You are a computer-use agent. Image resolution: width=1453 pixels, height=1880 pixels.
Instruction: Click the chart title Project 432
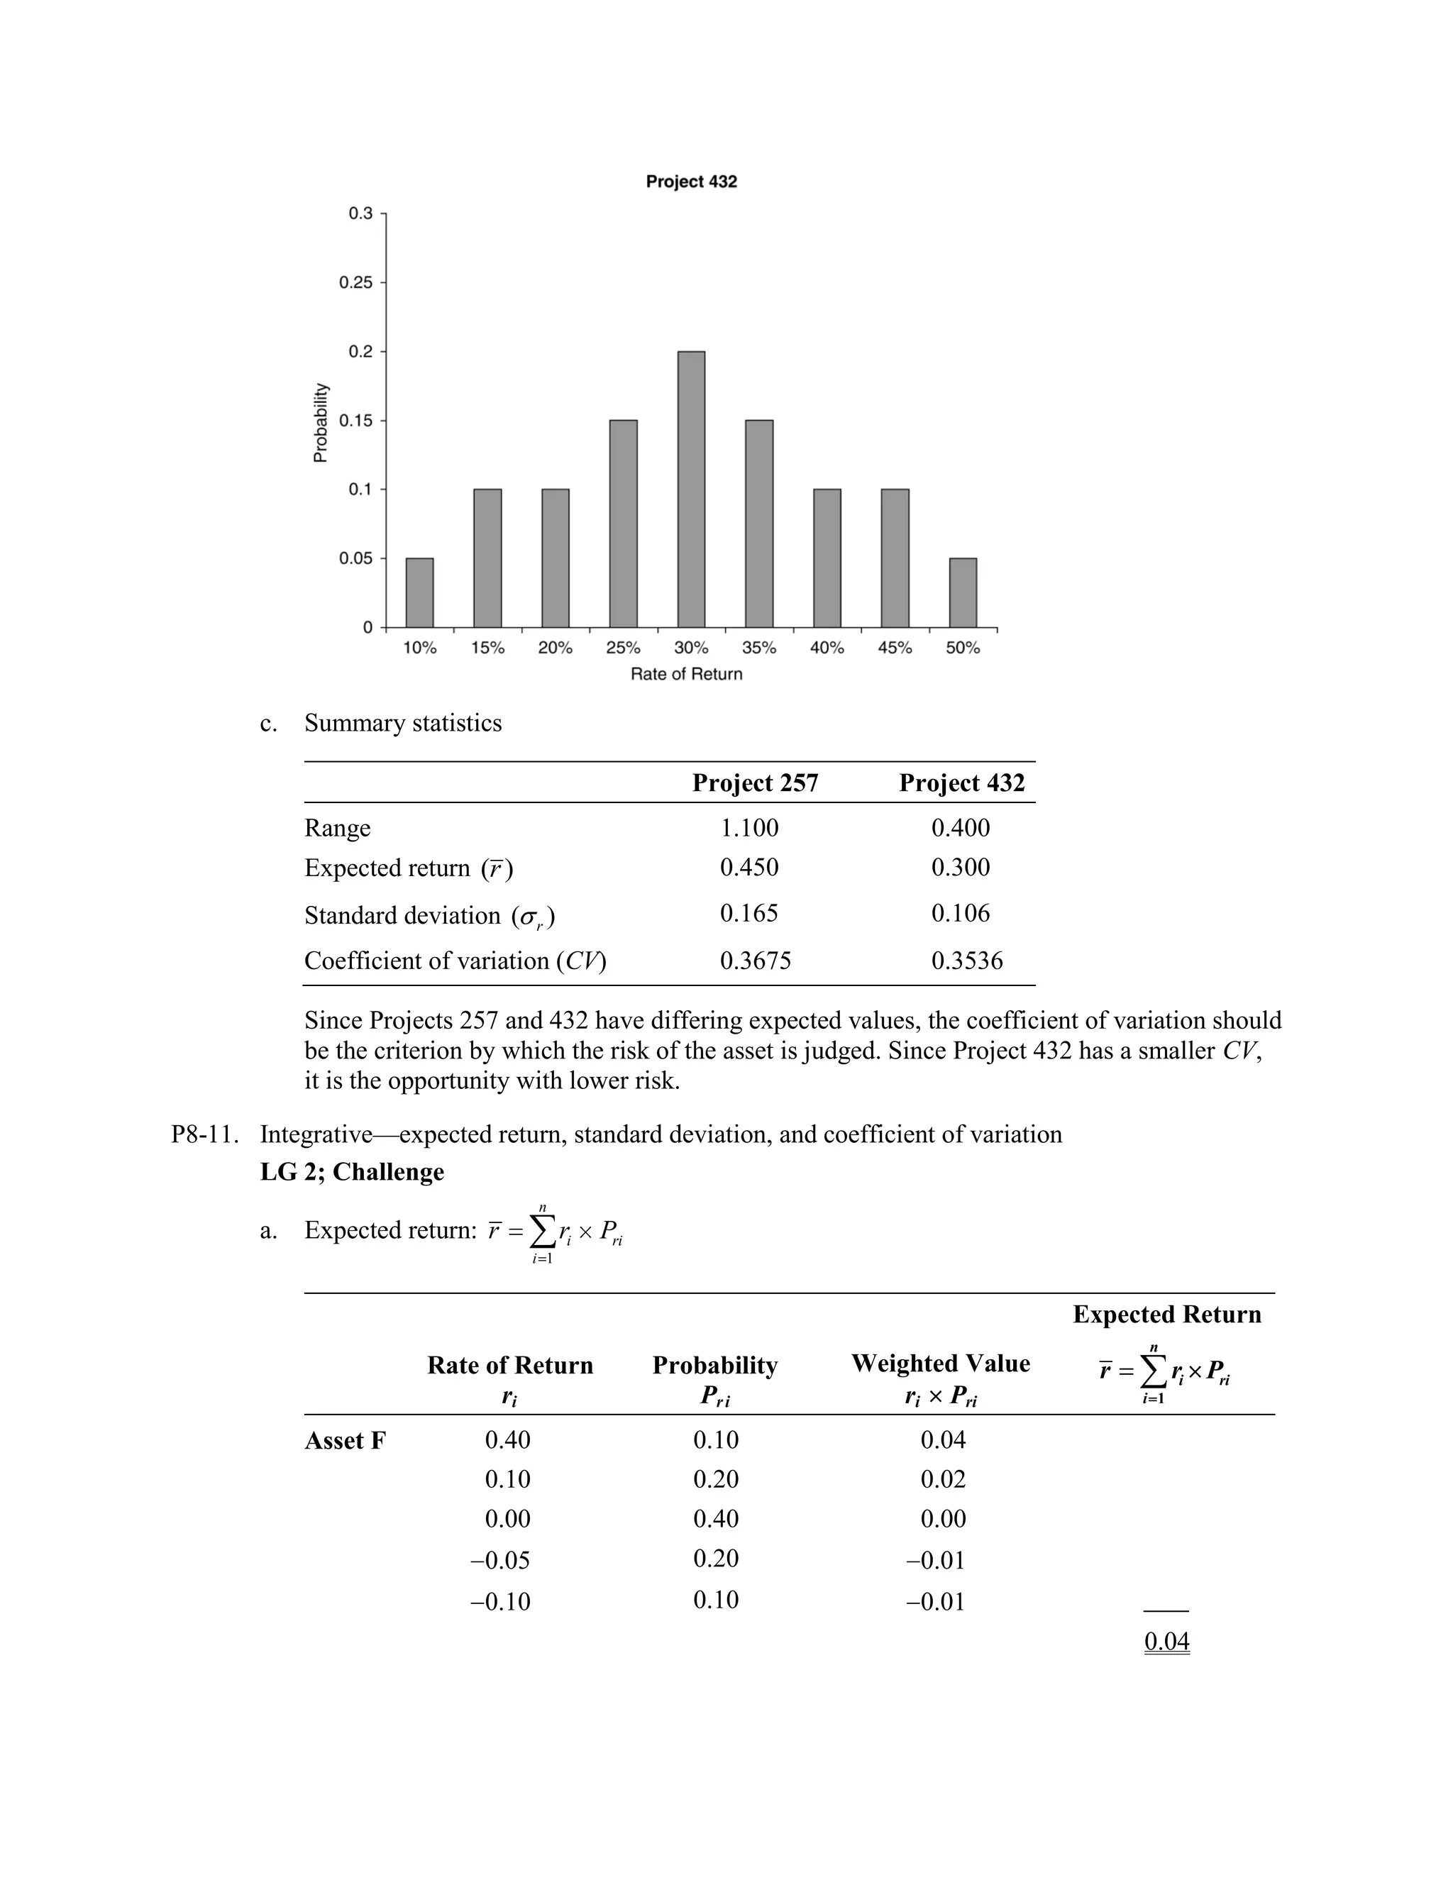click(x=691, y=182)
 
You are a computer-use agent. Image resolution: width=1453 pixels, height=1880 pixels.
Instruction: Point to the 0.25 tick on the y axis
click(x=355, y=282)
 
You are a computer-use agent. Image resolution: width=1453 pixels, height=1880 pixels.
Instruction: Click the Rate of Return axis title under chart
click(x=686, y=674)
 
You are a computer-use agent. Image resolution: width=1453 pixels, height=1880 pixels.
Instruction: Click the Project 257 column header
click(x=755, y=783)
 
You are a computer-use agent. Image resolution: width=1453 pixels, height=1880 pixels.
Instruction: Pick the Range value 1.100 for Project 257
click(x=749, y=827)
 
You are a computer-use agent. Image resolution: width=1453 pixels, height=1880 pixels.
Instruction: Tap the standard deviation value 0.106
click(x=960, y=912)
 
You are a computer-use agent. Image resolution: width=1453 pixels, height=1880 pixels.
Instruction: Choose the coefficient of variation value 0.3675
click(x=755, y=961)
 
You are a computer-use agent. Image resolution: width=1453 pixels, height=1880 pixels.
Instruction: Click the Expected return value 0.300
click(x=960, y=867)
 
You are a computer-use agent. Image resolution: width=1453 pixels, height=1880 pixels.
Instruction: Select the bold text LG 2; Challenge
click(x=352, y=1173)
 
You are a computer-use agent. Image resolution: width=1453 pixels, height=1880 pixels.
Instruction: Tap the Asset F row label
click(x=346, y=1441)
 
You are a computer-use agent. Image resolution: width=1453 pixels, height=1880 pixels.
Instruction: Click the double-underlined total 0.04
click(x=1166, y=1641)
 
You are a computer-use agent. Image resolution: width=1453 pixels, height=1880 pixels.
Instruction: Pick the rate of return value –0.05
click(x=500, y=1560)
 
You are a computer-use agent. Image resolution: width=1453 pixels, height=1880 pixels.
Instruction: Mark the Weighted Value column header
click(x=940, y=1364)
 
